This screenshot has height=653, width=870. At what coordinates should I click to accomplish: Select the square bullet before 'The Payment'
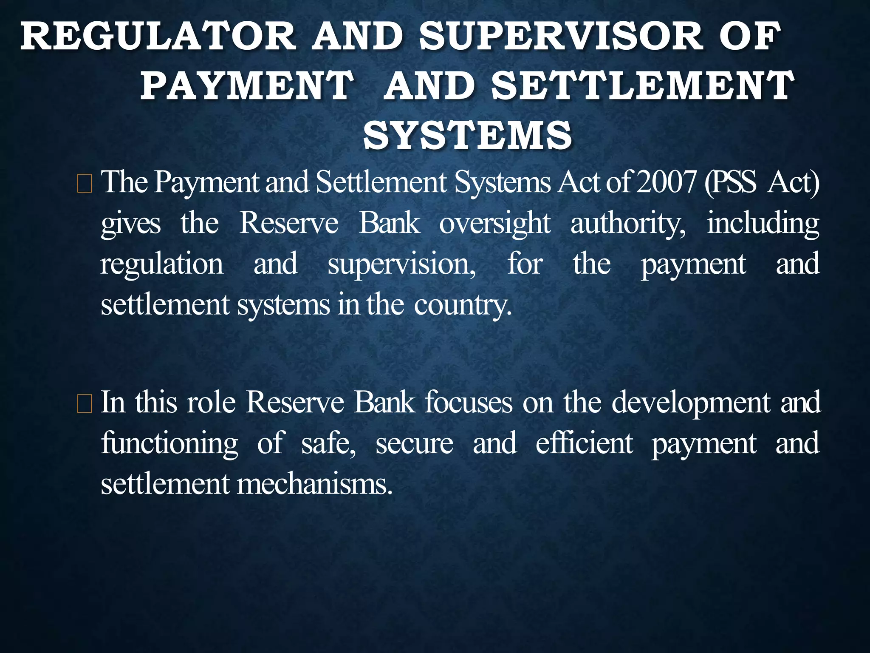pos(85,186)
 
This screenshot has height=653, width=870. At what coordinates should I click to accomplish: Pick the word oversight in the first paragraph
pos(495,224)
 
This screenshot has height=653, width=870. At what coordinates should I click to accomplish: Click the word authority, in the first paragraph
pos(628,224)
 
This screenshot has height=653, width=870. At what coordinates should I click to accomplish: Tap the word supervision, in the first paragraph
pos(402,264)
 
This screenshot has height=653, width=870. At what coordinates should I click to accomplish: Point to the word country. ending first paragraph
pos(463,305)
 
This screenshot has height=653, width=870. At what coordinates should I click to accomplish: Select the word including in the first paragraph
pos(763,224)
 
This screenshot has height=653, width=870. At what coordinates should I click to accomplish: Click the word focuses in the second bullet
pos(469,402)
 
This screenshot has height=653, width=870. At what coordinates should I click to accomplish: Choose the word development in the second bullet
pos(691,402)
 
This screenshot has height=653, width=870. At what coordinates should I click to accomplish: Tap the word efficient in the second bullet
pos(584,443)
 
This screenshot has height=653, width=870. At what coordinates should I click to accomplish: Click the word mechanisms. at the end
pos(314,484)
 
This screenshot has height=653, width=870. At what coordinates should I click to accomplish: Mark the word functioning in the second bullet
pos(169,443)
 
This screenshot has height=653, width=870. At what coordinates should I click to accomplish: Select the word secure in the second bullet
pos(415,443)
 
